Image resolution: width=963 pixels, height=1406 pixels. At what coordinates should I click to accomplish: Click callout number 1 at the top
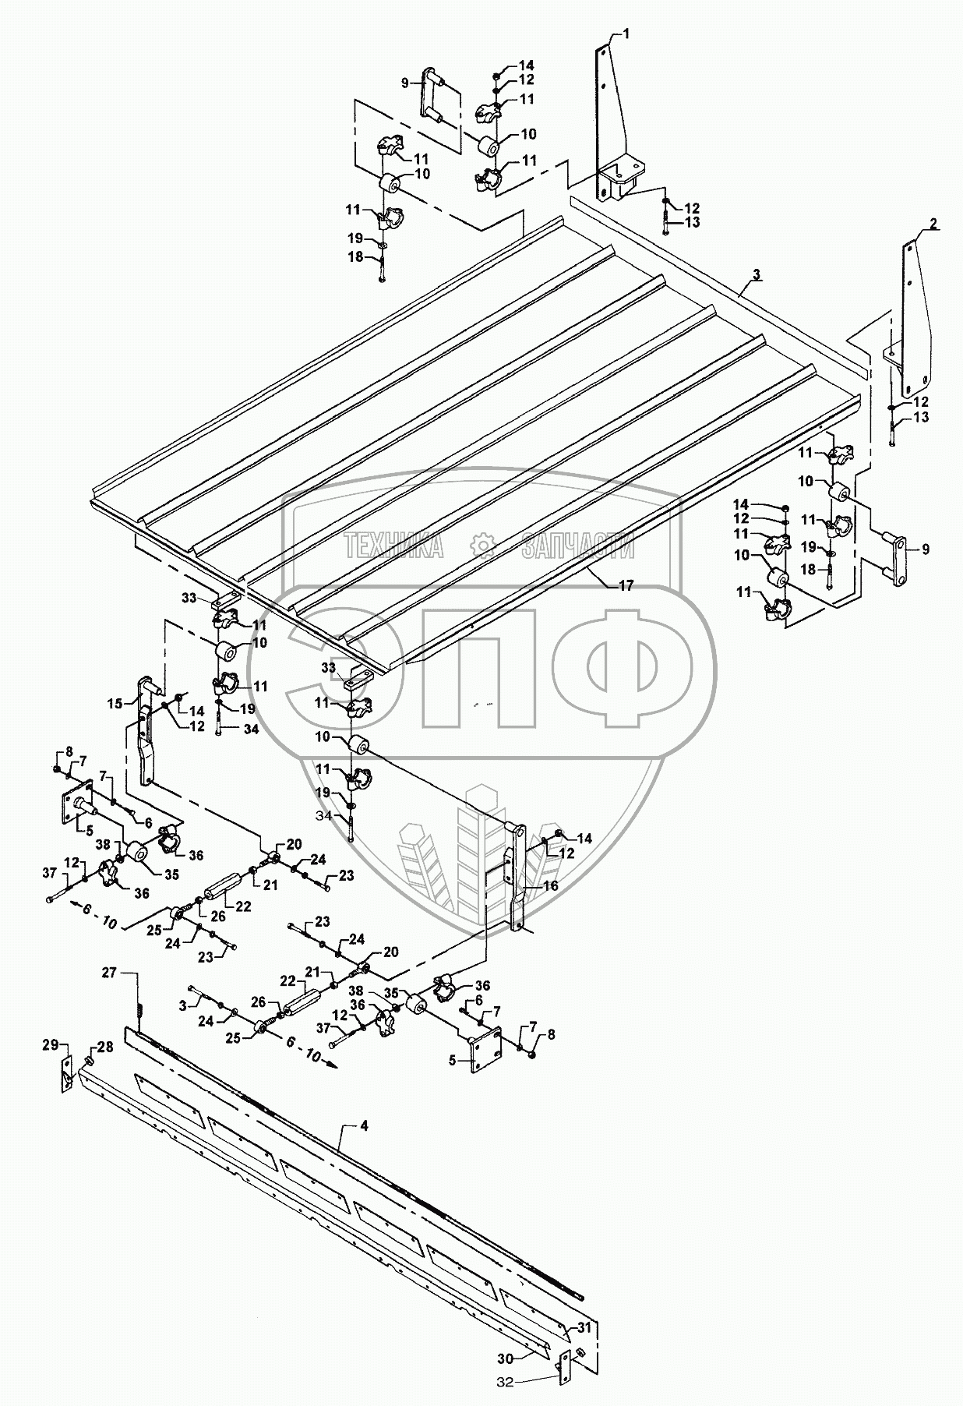(627, 34)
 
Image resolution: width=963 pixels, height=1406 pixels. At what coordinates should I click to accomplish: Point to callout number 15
(115, 704)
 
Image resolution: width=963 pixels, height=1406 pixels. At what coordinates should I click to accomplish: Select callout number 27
(108, 973)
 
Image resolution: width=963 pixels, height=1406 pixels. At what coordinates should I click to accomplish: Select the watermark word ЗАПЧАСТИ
(577, 547)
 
